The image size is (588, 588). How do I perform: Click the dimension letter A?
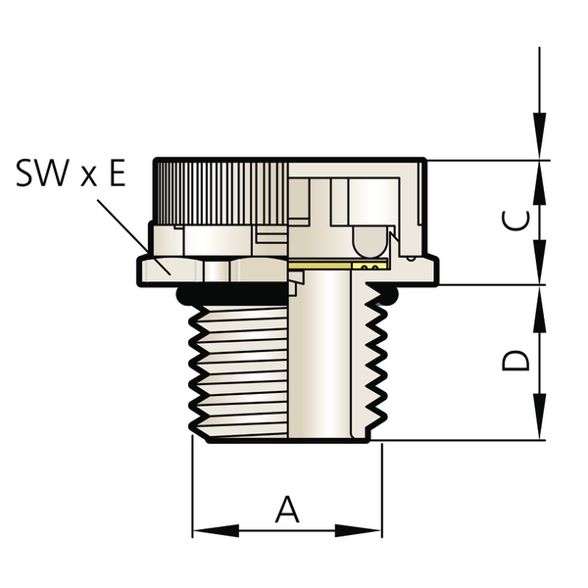pyautogui.click(x=286, y=510)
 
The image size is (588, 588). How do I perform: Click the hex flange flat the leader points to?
pyautogui.click(x=162, y=267)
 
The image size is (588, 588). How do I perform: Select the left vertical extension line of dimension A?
pyautogui.click(x=192, y=490)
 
